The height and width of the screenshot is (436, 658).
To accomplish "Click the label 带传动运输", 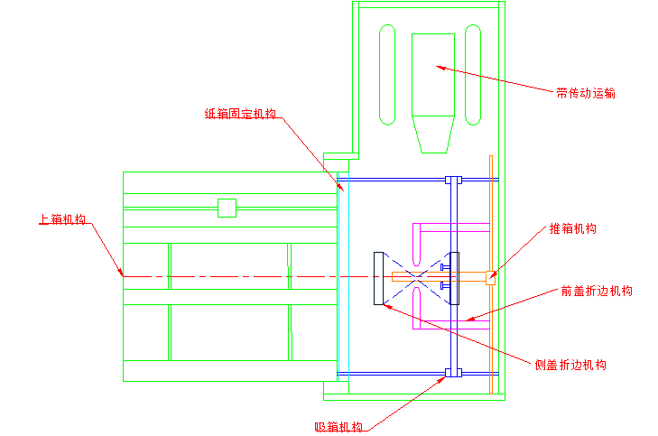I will pos(586,92).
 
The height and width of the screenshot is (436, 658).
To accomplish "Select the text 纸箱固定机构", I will pos(240,114).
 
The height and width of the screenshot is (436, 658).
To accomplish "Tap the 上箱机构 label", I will pos(62,219).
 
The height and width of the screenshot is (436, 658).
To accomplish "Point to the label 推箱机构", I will pos(573,228).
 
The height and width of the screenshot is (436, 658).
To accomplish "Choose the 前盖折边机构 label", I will pos(596,291).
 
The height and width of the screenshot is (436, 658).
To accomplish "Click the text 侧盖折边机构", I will pos(570,365).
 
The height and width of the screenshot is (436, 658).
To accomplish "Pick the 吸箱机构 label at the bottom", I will pos(338,427).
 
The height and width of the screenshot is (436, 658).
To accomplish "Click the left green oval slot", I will pos(387,75).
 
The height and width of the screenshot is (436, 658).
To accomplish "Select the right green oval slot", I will pos(472,75).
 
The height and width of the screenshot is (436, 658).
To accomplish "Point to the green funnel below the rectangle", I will pos(432,135).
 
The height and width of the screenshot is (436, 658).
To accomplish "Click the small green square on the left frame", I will pos(227,208).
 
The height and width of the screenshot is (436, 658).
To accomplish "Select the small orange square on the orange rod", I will pos(490,277).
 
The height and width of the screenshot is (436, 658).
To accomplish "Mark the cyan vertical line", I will pos(346,271).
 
